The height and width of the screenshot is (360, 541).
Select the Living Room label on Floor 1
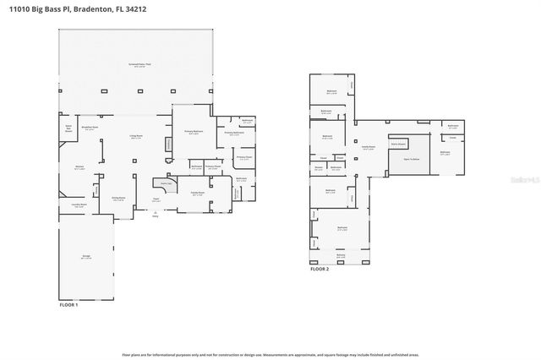(135, 137)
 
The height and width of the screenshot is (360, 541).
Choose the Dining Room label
(119, 199)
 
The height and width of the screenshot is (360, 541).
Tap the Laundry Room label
(78, 205)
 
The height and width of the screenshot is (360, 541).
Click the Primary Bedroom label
(194, 132)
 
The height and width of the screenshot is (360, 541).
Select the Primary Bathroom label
(234, 133)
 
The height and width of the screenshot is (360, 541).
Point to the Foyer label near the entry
(156, 199)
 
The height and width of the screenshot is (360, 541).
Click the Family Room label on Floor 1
(196, 194)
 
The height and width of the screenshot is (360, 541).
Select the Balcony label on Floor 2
(341, 255)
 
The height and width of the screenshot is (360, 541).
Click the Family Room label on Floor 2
(369, 149)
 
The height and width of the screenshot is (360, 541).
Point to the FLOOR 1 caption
(68, 304)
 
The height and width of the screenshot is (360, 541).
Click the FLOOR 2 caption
(320, 269)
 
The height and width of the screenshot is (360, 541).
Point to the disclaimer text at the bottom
(270, 355)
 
